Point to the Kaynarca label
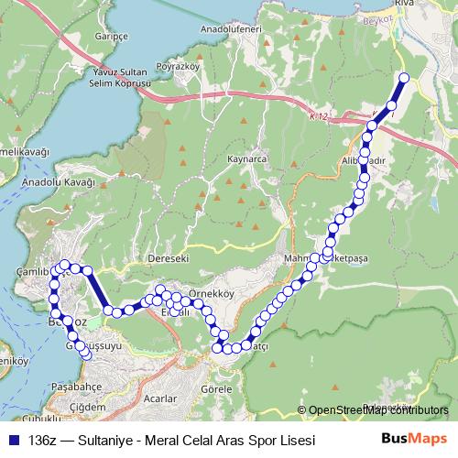click(x=245, y=159)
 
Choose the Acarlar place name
click(x=159, y=398)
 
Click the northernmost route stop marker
click(x=404, y=77)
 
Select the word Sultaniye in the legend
click(x=106, y=441)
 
